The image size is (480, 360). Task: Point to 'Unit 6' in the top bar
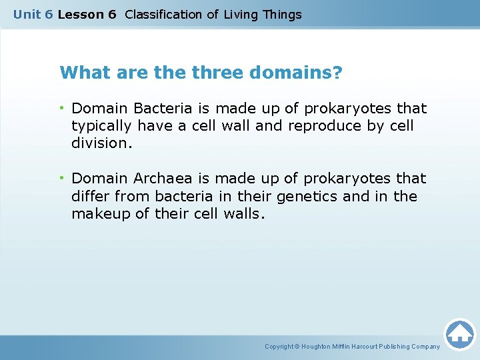click(33, 14)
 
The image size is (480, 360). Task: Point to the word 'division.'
click(99, 143)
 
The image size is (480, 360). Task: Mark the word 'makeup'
click(98, 214)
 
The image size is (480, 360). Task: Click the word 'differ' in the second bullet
click(90, 197)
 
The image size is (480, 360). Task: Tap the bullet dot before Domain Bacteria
click(63, 108)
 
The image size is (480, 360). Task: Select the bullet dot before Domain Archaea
click(63, 179)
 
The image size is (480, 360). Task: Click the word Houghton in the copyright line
click(321, 347)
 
